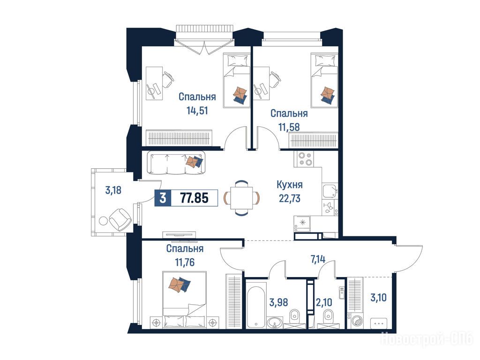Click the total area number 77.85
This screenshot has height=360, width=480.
click(194, 198)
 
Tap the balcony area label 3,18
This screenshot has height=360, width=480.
click(113, 190)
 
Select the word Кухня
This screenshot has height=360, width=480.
click(290, 185)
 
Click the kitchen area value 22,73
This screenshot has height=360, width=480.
click(290, 198)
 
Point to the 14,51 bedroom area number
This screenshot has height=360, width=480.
click(197, 110)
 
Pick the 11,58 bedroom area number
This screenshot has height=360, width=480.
click(289, 127)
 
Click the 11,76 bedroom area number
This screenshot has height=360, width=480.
click(185, 262)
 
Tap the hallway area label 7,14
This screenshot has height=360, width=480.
click(318, 259)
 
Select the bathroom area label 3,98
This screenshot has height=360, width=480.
click(278, 302)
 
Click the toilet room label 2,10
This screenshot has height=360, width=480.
click(324, 302)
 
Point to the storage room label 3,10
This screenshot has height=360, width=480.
click(378, 297)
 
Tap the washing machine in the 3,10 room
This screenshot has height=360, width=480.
click(356, 321)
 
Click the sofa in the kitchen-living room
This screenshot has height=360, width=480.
click(176, 163)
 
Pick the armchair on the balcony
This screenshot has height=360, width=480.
click(120, 219)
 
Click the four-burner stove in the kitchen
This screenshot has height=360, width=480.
click(304, 158)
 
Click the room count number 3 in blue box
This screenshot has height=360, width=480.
click(163, 198)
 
